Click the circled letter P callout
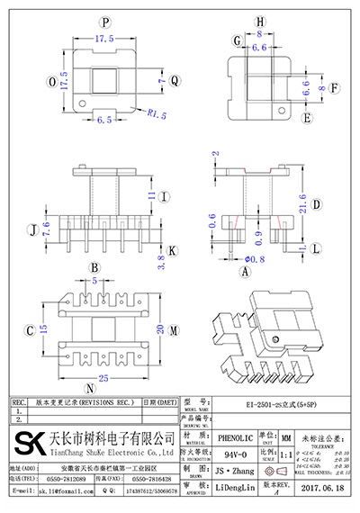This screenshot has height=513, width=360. coord(105,21)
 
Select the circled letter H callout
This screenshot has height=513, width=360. coord(261,21)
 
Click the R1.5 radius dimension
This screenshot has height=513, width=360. coord(157,114)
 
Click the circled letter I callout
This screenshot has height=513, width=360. coord(165,196)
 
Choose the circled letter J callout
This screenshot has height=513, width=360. coord(33,229)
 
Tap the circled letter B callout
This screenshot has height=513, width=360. coord(93,268)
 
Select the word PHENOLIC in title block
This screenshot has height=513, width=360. coord(236,435)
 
